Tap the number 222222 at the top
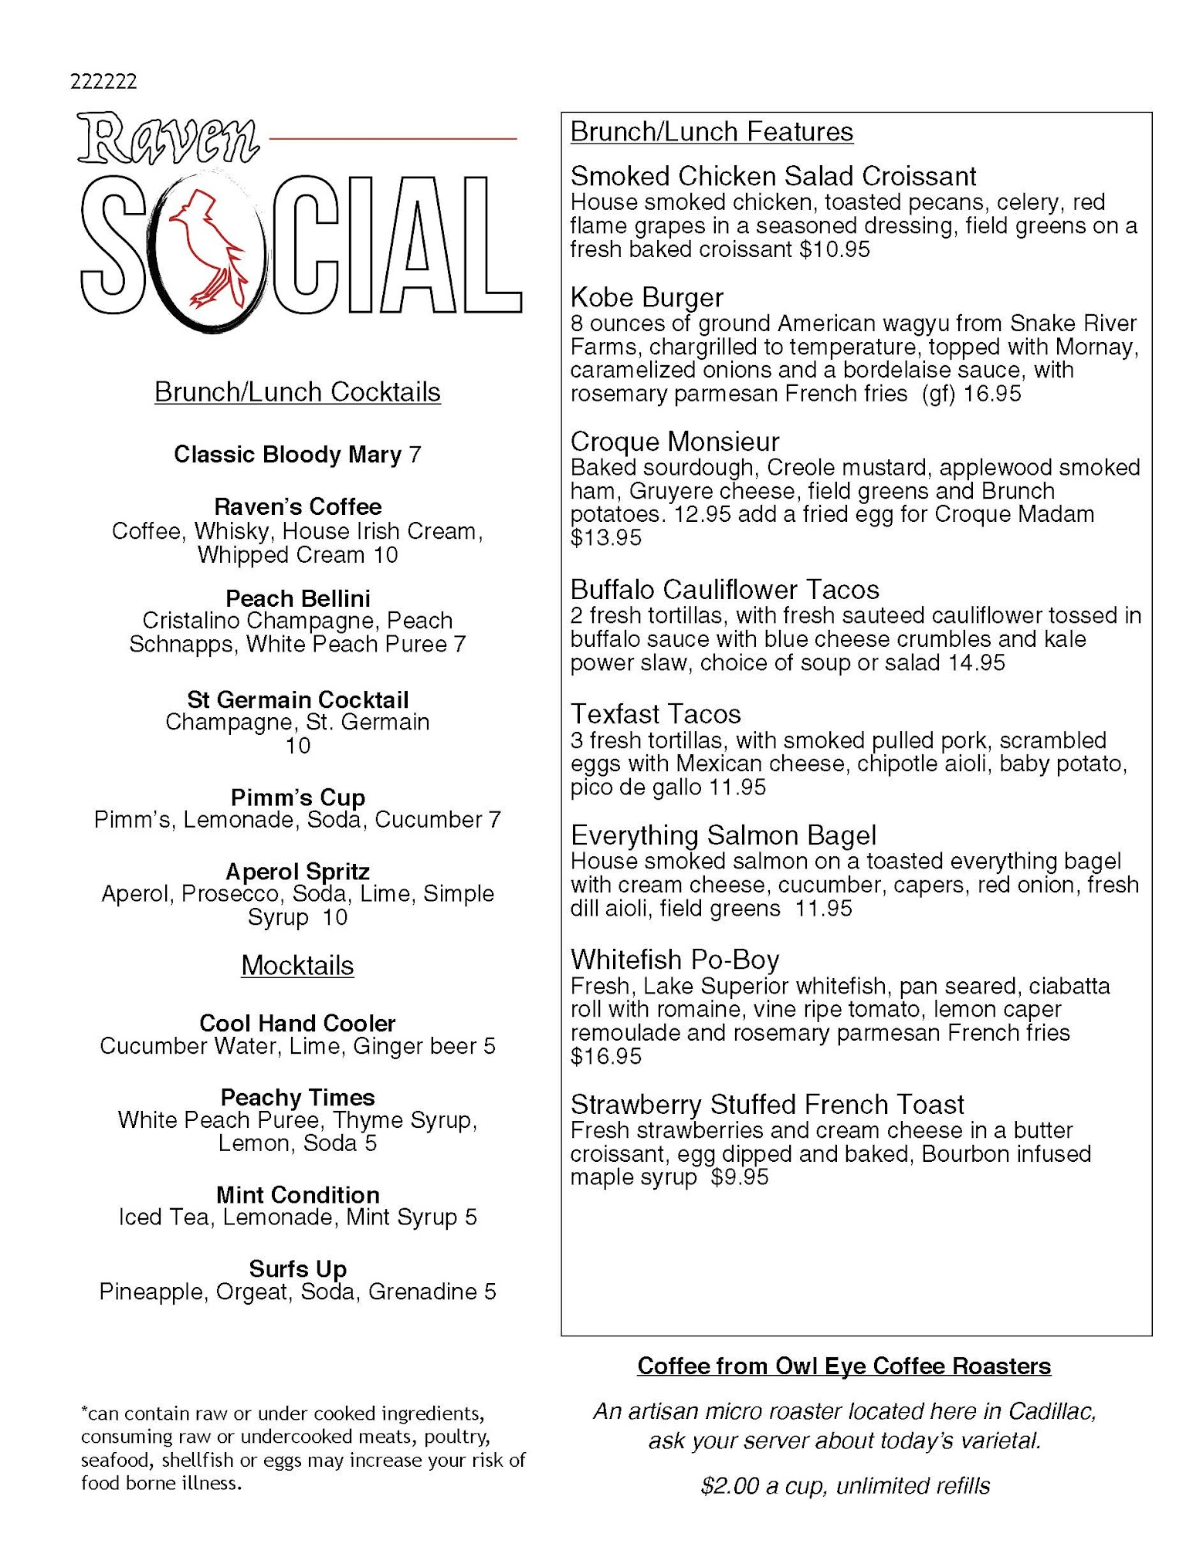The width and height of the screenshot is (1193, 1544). (103, 82)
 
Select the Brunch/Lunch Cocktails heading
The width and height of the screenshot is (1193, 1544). (297, 392)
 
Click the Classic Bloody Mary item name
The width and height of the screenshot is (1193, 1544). (287, 454)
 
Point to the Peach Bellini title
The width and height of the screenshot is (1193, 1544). (297, 598)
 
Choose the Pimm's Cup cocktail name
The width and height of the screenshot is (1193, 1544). (297, 797)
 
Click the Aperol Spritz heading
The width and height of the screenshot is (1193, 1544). (297, 872)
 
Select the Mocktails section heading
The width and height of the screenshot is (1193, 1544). (297, 966)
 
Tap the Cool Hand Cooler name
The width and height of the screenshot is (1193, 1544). (297, 1024)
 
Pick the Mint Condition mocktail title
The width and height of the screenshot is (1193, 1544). (297, 1195)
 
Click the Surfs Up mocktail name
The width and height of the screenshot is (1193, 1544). (297, 1269)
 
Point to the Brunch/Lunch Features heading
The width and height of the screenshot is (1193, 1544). (711, 132)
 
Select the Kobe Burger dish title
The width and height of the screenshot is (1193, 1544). (646, 297)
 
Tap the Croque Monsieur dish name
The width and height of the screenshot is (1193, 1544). (675, 442)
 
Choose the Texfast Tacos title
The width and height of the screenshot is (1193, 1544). (656, 714)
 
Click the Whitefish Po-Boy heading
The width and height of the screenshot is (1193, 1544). (675, 960)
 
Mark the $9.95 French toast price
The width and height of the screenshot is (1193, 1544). (740, 1177)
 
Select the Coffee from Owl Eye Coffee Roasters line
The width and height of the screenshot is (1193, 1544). (844, 1366)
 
